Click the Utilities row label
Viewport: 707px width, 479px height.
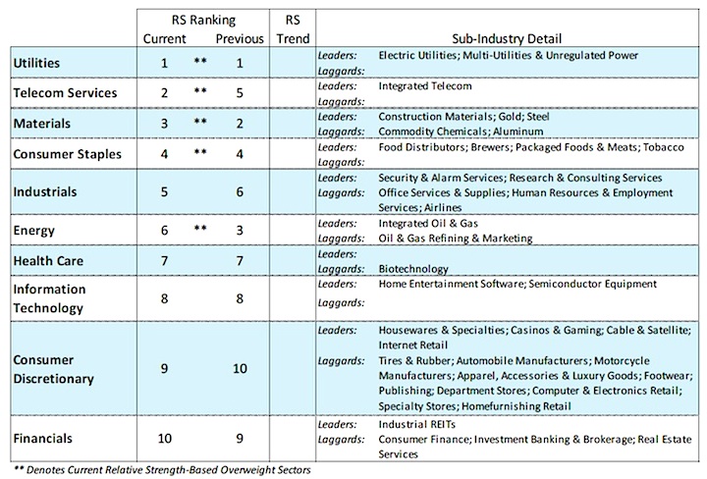point(36,63)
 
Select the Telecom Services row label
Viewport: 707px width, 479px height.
point(65,93)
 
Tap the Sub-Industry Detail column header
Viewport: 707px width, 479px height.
point(507,38)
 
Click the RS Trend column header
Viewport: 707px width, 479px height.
point(293,29)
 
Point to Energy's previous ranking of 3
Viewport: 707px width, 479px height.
point(240,231)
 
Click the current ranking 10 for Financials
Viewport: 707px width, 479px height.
point(165,439)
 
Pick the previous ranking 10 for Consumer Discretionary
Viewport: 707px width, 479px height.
point(240,369)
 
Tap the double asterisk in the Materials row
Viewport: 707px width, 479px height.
point(200,121)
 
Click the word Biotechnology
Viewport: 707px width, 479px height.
point(413,269)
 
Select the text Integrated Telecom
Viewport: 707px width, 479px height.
point(425,86)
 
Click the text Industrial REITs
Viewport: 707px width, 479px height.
point(417,424)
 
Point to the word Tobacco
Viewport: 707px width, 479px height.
point(663,147)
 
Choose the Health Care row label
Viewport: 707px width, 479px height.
point(48,261)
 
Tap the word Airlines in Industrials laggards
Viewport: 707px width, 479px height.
point(443,208)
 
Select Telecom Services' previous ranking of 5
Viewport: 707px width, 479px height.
point(240,93)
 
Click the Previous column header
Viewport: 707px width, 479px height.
point(240,38)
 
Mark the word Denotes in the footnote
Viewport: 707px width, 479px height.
point(45,470)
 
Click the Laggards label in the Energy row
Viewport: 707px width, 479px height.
point(342,239)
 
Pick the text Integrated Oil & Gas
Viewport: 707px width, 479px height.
point(428,224)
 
